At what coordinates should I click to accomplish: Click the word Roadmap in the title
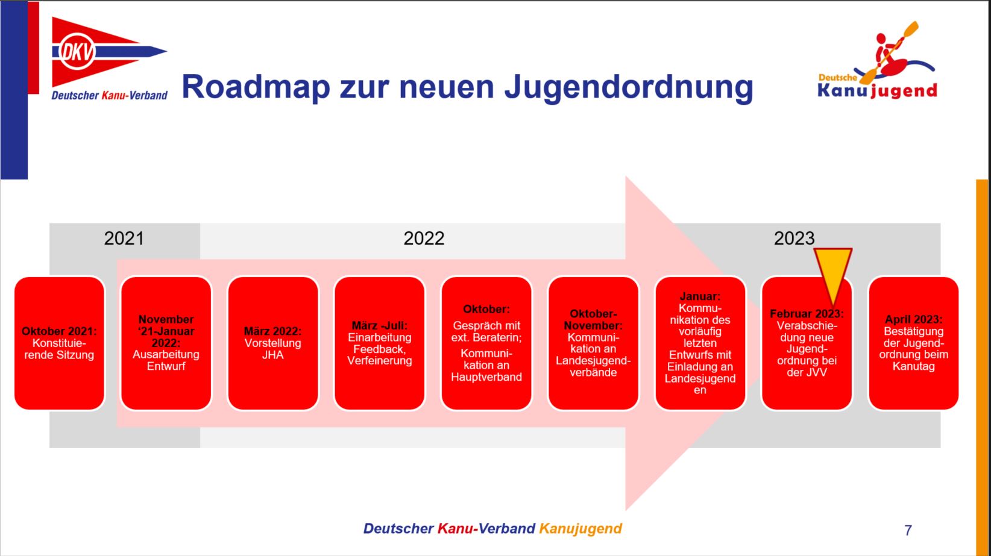pyautogui.click(x=256, y=87)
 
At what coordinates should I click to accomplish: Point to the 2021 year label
pyautogui.click(x=124, y=239)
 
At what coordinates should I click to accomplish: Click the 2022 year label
pyautogui.click(x=424, y=239)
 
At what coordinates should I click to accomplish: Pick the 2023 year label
pyautogui.click(x=794, y=239)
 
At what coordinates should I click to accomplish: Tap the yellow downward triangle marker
pyautogui.click(x=833, y=272)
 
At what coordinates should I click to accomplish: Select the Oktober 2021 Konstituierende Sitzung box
pyautogui.click(x=59, y=343)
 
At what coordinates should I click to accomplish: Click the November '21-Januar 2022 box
pyautogui.click(x=166, y=343)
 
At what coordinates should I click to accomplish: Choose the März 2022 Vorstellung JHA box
pyautogui.click(x=273, y=343)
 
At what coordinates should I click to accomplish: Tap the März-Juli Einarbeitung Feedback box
pyautogui.click(x=380, y=343)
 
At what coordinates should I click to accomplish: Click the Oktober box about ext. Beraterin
pyautogui.click(x=486, y=343)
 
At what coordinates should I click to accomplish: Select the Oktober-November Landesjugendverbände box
pyautogui.click(x=593, y=343)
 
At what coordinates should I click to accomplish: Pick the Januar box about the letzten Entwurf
pyautogui.click(x=700, y=343)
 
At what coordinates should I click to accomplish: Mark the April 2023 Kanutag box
pyautogui.click(x=914, y=343)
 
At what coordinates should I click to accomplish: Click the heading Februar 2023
pyautogui.click(x=807, y=314)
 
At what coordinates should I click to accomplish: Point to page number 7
pyautogui.click(x=908, y=530)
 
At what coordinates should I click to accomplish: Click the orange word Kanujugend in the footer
pyautogui.click(x=580, y=529)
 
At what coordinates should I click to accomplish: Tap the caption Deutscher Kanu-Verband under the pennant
pyautogui.click(x=109, y=95)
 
